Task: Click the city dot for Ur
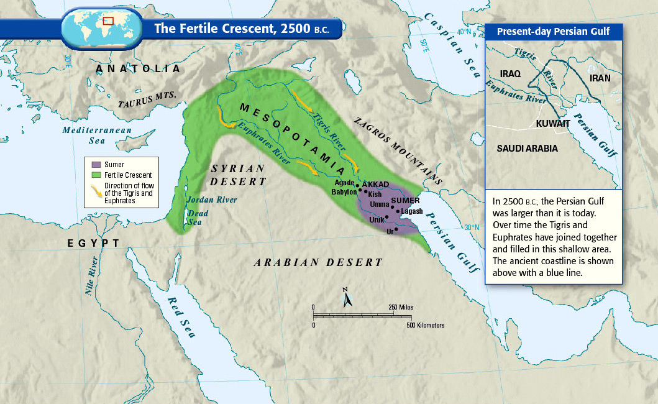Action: point(396,229)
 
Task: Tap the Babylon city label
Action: point(344,192)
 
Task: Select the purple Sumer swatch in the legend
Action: point(96,165)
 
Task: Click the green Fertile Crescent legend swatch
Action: point(96,175)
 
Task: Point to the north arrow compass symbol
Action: point(347,298)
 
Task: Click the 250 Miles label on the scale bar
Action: point(401,308)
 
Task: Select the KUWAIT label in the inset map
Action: point(553,124)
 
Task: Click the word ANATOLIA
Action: point(138,69)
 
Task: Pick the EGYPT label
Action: point(94,243)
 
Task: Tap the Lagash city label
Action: point(412,211)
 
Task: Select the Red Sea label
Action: point(181,317)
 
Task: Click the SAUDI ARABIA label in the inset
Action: point(527,149)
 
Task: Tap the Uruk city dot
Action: point(387,217)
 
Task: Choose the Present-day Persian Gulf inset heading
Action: point(553,31)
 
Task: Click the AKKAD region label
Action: point(375,185)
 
